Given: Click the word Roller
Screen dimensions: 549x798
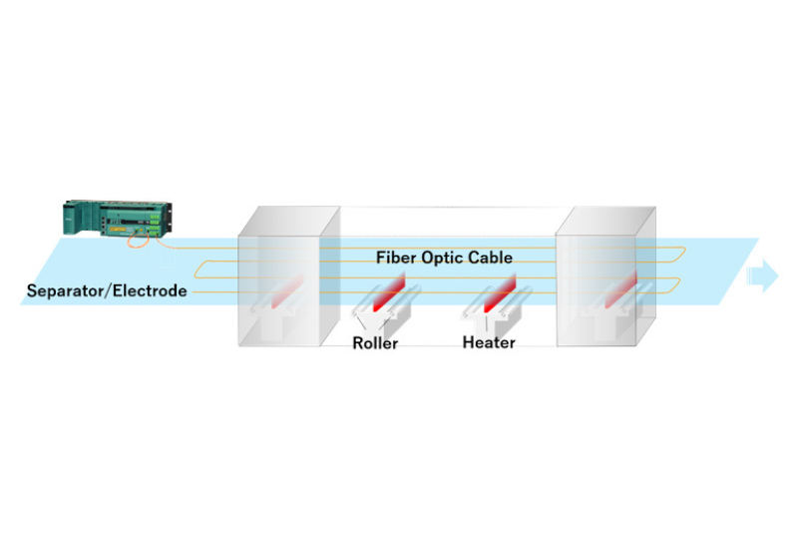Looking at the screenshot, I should pos(375,343).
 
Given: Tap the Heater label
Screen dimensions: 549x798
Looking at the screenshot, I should pos(489,343).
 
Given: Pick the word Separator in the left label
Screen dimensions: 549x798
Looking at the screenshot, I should pos(65,291).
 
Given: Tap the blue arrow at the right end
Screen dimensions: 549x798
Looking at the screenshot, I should pos(763,275).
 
